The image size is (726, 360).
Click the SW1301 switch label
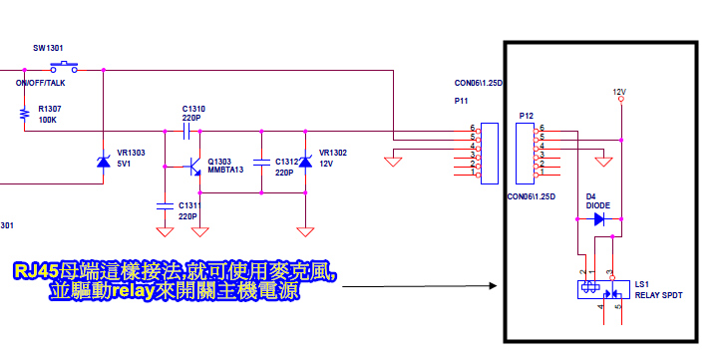click(47, 48)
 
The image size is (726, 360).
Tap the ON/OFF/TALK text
click(40, 84)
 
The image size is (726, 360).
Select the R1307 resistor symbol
click(23, 115)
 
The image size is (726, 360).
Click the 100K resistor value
click(47, 120)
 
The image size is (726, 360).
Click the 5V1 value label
click(125, 164)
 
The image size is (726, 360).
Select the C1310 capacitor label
click(193, 108)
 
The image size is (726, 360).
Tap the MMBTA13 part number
click(225, 171)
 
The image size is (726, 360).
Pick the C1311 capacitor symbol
click(166, 204)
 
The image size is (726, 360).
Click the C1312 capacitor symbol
click(260, 162)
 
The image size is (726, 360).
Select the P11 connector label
click(462, 101)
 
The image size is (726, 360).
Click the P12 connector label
click(526, 117)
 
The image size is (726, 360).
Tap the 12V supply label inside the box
click(619, 92)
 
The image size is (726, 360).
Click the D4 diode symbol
click(598, 219)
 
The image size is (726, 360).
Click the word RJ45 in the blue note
click(36, 271)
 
